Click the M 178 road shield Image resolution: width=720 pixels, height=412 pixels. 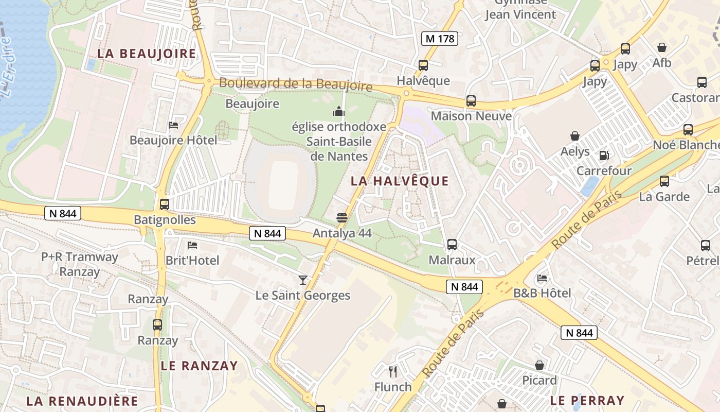[440, 38]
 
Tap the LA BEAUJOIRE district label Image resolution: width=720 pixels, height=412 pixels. [147, 54]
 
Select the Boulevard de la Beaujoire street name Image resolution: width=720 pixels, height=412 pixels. [296, 84]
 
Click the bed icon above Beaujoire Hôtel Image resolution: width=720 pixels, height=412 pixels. [173, 125]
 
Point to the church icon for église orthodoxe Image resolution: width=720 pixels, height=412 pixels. [338, 111]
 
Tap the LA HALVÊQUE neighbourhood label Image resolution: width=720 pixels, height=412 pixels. [400, 181]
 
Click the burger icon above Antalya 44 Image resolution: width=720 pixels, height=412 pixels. [342, 218]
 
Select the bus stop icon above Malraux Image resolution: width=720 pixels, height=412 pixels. [452, 245]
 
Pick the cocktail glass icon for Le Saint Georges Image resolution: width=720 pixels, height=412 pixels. [303, 280]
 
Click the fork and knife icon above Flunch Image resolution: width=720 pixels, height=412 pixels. [393, 372]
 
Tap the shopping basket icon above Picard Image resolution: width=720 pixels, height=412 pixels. [539, 365]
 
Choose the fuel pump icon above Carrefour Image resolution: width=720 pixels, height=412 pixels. [604, 155]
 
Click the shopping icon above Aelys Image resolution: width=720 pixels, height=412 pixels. [575, 136]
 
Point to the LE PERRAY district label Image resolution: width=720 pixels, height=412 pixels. [587, 400]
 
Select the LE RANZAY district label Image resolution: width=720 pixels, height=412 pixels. [199, 366]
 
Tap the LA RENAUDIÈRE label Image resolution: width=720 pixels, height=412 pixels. [82, 401]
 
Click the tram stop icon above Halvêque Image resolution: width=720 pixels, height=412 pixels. [423, 65]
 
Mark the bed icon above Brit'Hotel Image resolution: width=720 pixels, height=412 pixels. [192, 245]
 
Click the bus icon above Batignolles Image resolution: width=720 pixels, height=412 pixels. [165, 204]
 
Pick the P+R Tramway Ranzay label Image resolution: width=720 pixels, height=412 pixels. [80, 264]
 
